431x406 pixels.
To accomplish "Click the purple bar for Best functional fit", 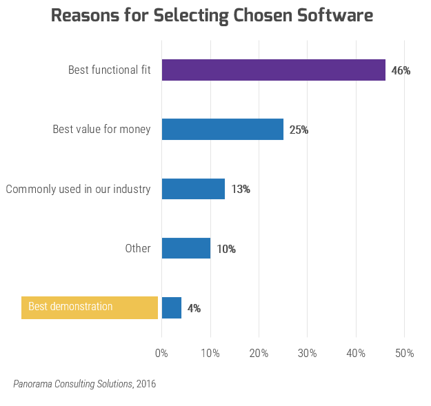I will (x=273, y=70).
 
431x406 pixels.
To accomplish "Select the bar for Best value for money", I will (x=222, y=130).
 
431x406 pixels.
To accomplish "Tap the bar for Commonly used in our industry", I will (x=193, y=189).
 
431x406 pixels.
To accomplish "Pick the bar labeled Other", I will (x=186, y=248).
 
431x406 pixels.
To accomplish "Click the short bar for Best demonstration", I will (x=171, y=307).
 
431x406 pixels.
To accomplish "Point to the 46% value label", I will (x=401, y=71).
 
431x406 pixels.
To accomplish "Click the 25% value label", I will (x=299, y=130).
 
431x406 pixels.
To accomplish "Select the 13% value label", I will (x=241, y=190).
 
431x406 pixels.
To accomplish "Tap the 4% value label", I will (x=194, y=308).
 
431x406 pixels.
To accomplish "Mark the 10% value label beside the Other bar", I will (x=226, y=249).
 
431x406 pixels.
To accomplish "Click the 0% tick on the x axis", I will (x=161, y=353).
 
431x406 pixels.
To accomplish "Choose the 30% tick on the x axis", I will (x=307, y=353).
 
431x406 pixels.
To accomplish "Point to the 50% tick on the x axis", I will (x=404, y=353).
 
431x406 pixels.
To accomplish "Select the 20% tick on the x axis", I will (x=259, y=353).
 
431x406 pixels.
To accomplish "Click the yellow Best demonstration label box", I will (x=90, y=307).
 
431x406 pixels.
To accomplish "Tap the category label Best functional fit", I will (x=109, y=70).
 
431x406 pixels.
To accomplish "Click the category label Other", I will (x=138, y=248).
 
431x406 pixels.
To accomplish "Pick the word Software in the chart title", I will (x=330, y=15).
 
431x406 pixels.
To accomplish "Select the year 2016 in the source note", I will (x=146, y=384).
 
